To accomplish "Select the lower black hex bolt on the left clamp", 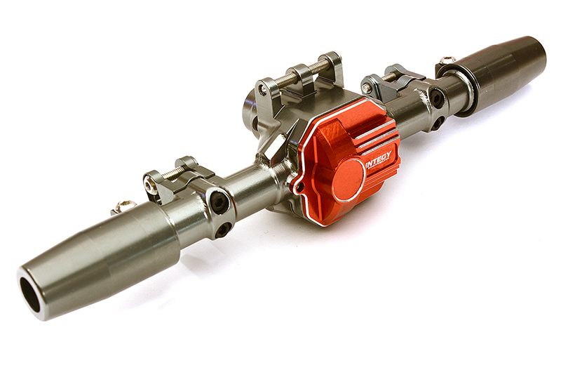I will [222, 229].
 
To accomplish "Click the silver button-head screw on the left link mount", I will [149, 185].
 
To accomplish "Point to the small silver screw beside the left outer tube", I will [123, 206].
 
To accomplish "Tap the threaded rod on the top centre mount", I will [302, 74].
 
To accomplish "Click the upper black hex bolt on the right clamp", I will [437, 98].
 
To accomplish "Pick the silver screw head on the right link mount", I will [367, 88].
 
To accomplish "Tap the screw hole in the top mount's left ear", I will [263, 90].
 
